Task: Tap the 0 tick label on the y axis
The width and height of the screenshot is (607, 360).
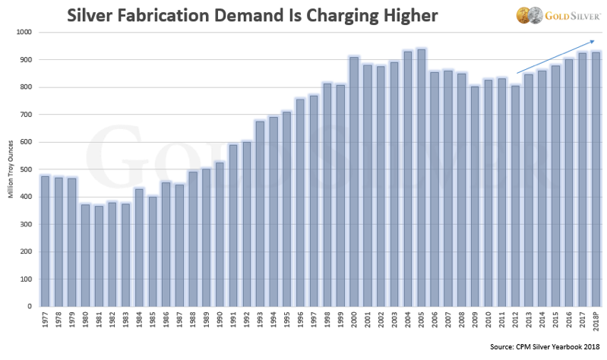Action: coord(30,307)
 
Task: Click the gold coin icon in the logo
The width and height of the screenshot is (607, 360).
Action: coord(522,16)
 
